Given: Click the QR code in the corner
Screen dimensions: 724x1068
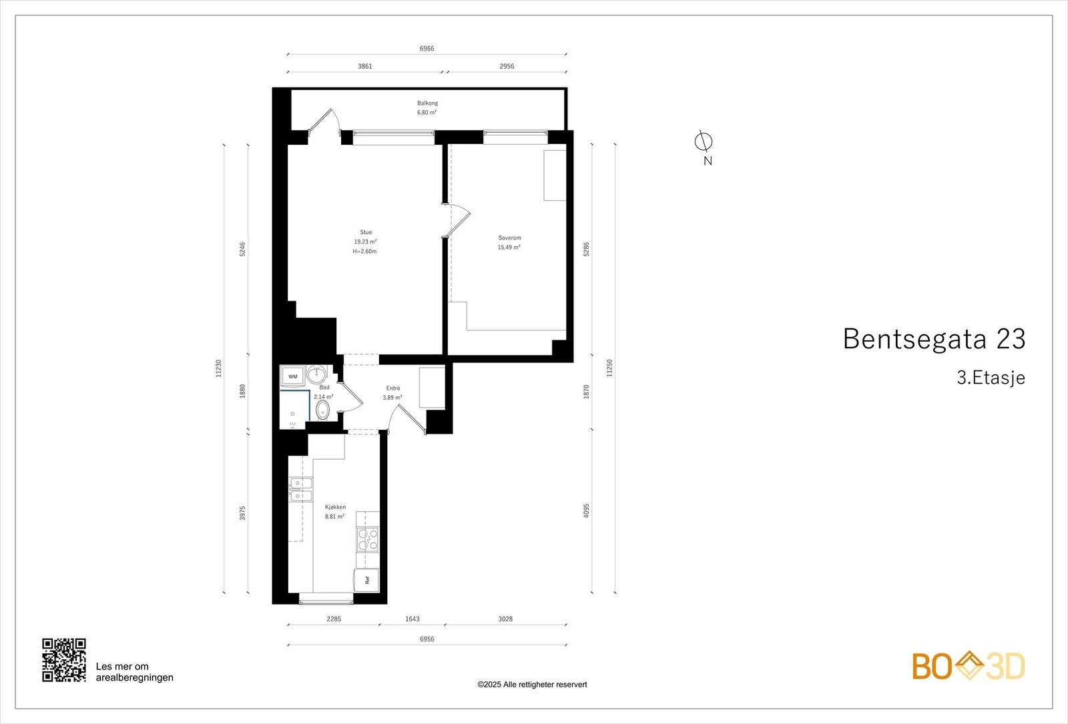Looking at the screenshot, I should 64,660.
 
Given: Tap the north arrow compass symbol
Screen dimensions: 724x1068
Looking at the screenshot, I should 704,142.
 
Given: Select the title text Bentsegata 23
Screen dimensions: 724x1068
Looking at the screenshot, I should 933,339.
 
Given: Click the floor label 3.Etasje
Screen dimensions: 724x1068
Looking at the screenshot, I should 991,378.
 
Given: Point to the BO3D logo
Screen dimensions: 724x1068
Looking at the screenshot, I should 968,666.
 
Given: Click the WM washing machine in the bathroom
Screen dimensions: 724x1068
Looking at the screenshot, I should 293,376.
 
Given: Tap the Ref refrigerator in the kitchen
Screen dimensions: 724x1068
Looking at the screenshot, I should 366,580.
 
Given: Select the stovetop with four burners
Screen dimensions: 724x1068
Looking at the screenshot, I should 367,539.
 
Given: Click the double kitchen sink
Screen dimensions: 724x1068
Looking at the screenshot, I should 300,489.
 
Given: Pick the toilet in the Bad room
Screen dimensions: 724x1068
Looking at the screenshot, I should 323,410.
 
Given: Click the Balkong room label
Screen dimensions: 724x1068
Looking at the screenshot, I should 427,103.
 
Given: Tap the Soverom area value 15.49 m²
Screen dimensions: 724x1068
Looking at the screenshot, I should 509,248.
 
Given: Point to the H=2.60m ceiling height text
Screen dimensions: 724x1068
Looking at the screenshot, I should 364,252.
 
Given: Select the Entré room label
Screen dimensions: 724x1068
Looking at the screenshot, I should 393,388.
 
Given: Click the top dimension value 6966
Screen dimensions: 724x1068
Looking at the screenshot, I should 427,49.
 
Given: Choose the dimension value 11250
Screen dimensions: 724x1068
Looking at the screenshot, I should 609,368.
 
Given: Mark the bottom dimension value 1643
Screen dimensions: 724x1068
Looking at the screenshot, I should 412,619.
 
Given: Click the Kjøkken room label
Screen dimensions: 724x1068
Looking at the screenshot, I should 335,507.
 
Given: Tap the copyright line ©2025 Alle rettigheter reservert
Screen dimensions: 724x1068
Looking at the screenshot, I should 532,685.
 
